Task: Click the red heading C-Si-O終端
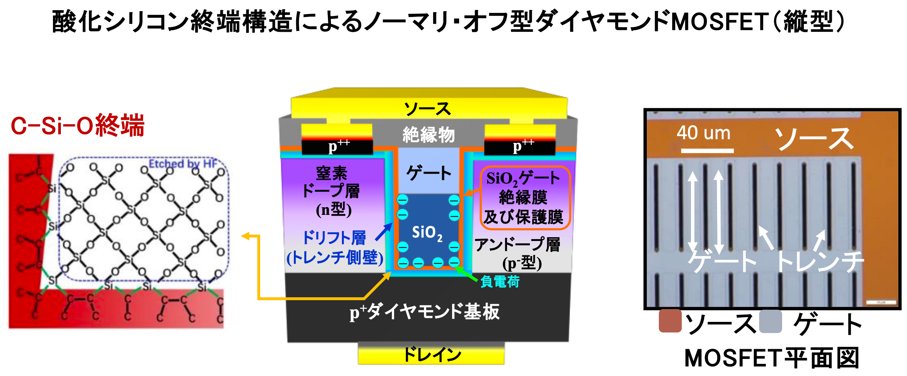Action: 78,126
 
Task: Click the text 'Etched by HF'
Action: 183,164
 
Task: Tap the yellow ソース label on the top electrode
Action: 427,109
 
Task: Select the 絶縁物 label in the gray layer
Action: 428,135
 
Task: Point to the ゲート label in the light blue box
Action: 429,173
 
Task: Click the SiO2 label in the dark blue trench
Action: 427,233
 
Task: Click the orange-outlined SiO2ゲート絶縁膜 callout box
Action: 525,198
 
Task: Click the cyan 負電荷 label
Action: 500,282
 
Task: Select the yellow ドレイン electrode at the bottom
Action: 431,354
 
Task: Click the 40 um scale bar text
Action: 703,133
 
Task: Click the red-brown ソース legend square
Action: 670,321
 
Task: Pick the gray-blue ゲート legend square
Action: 770,322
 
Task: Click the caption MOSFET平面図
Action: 772,358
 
